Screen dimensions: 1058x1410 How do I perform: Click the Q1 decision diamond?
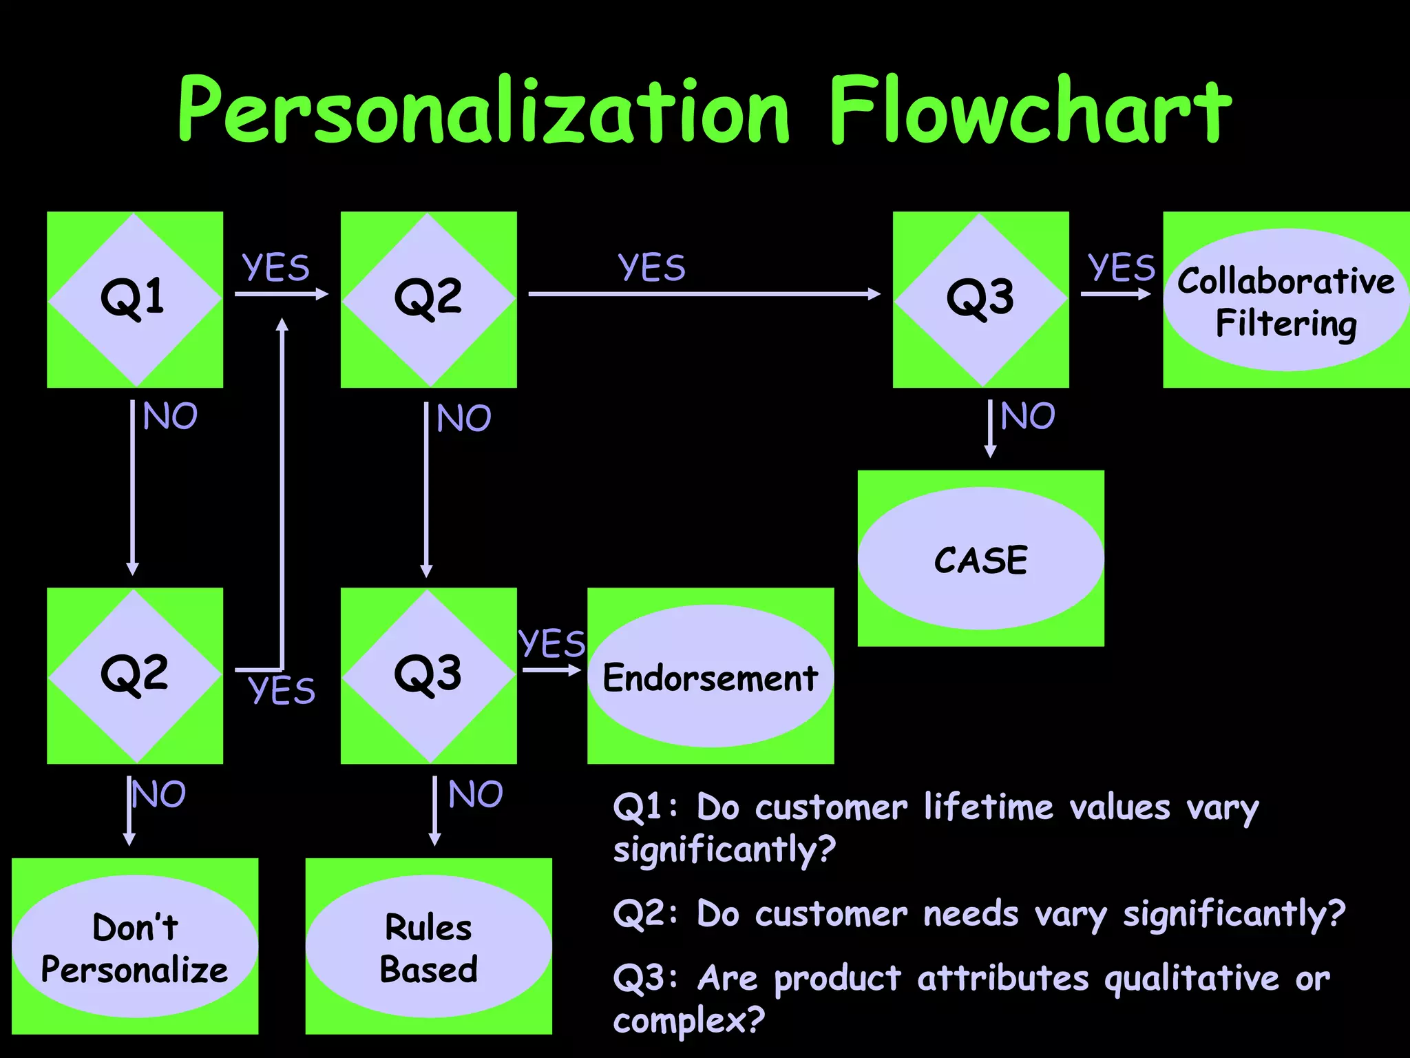pos(134,299)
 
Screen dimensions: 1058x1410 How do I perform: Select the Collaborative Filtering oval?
pos(1286,301)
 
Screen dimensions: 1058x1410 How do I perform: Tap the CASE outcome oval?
pos(980,559)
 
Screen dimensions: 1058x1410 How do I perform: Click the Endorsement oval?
pos(710,676)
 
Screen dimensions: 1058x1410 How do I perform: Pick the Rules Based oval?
pos(428,946)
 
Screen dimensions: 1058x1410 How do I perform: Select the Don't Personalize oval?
pos(135,946)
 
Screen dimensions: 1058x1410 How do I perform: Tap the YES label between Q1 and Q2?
pos(275,267)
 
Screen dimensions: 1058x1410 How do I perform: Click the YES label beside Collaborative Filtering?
pos(1121,267)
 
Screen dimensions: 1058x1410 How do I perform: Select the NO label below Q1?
pos(170,416)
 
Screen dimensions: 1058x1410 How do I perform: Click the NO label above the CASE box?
pos(1027,416)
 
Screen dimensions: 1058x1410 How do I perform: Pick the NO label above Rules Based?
pos(475,794)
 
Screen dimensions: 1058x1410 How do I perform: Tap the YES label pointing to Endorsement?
pos(551,643)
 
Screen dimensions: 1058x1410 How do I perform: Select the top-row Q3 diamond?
pos(980,299)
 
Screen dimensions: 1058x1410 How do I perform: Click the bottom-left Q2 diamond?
pos(134,675)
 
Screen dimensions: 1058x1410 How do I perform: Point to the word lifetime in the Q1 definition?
pos(988,807)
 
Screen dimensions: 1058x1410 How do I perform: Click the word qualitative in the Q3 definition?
pos(1191,978)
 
